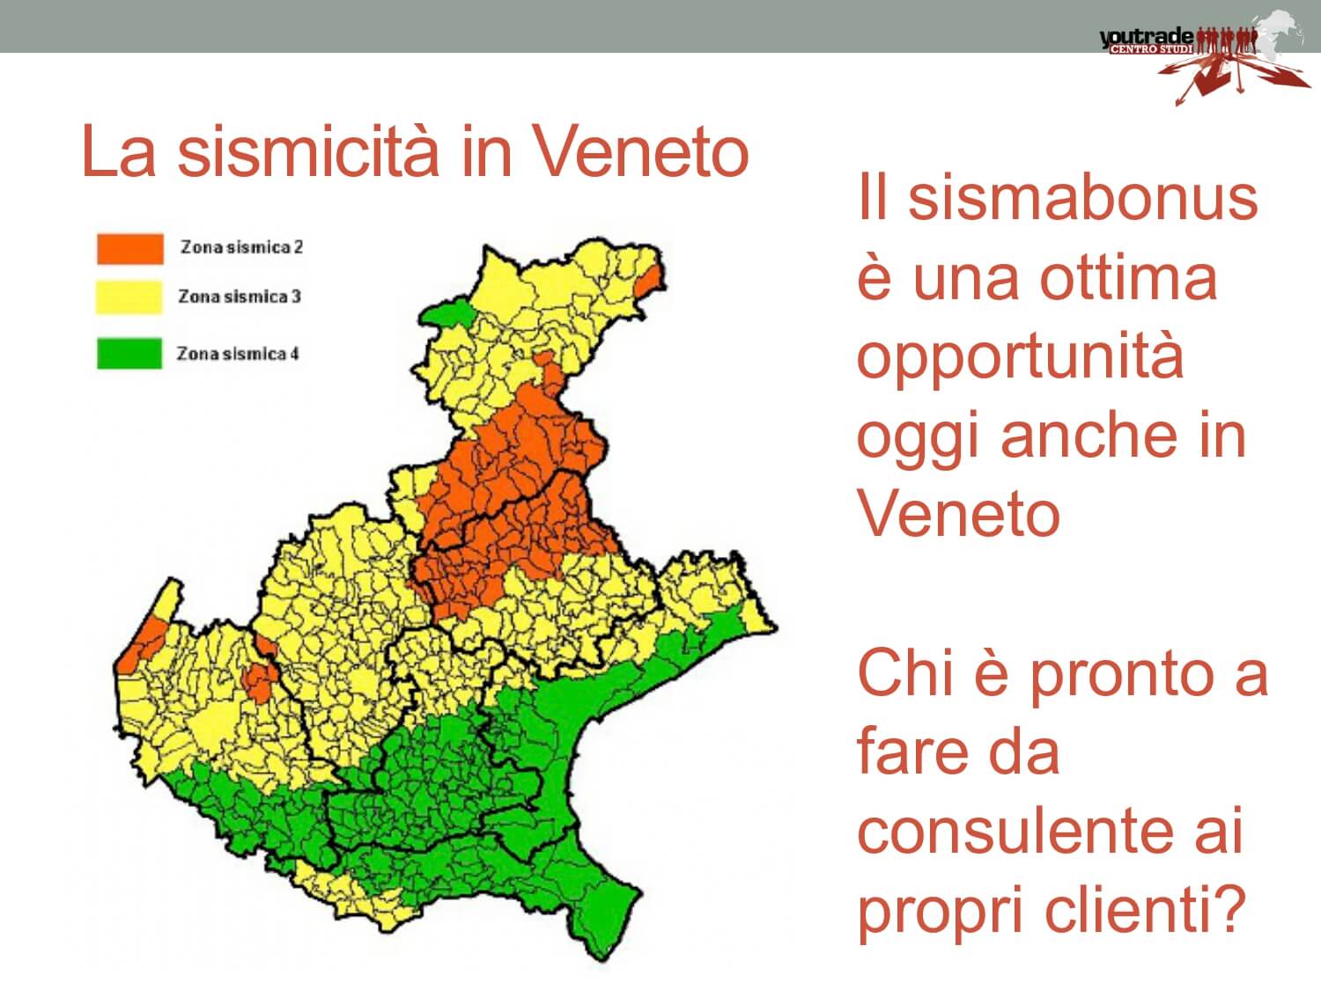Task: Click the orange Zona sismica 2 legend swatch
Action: coord(130,248)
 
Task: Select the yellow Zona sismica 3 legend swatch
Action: coord(129,297)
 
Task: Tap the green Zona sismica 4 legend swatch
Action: coord(129,353)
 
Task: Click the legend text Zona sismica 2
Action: coord(242,247)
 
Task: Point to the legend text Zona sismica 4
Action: coord(238,354)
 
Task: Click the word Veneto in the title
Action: coord(641,150)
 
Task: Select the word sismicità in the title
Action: coord(307,150)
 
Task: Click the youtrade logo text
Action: coord(1146,37)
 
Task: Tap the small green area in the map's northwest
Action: coord(448,314)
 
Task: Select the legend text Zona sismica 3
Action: coord(240,297)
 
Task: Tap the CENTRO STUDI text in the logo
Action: coord(1151,49)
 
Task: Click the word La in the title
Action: coord(119,150)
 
